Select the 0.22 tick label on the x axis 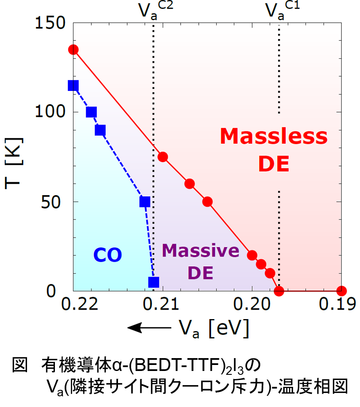click(73, 305)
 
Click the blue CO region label click(108, 256)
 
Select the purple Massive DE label click(201, 262)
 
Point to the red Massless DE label click(274, 150)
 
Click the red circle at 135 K click(73, 50)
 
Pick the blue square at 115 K click(73, 86)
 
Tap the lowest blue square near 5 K click(154, 282)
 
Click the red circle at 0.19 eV click(342, 291)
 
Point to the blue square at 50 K click(145, 202)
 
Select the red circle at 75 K click(163, 157)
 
